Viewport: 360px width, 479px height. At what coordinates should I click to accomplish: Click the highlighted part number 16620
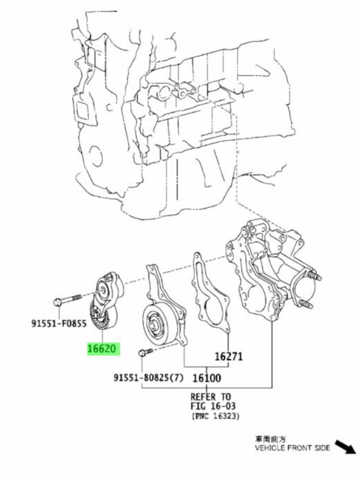tap(103, 349)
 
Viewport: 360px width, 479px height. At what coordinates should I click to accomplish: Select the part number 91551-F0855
tap(59, 323)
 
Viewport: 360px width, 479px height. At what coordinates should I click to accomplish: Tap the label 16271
tap(229, 356)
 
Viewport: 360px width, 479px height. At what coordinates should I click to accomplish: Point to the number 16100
tap(207, 378)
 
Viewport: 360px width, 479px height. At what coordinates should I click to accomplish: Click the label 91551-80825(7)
tap(149, 378)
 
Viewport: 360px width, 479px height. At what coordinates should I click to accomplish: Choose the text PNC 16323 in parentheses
tap(216, 416)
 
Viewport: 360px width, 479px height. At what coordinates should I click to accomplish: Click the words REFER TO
tap(211, 397)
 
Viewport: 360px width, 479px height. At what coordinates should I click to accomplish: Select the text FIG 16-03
tap(213, 406)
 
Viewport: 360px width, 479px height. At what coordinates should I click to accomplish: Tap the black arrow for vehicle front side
tap(345, 446)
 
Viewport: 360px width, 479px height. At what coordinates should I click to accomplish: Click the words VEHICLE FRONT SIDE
tap(292, 448)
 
